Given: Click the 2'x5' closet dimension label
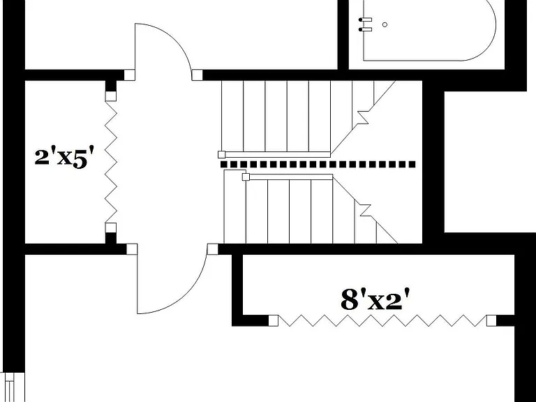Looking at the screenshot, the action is point(64,158).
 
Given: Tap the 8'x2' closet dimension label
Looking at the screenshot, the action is point(375,299).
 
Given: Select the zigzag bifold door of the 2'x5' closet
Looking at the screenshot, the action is point(111,162).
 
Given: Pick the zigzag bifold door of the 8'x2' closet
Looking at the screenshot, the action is point(382,320).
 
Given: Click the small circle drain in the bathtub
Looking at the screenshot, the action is point(385,24).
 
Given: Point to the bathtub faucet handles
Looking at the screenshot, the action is point(365,24).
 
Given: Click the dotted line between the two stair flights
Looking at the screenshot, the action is point(318,165).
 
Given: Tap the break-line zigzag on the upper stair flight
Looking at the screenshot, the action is point(362,117).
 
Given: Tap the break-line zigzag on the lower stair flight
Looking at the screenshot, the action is point(365,210).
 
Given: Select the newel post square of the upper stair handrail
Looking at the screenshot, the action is point(221,154).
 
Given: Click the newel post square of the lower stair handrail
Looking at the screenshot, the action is point(246,177).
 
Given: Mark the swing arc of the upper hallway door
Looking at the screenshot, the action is point(163,48).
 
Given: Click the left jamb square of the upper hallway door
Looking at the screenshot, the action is point(129,75).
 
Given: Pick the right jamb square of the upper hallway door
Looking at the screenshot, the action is point(197,75).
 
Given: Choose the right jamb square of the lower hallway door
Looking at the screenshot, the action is point(213,249).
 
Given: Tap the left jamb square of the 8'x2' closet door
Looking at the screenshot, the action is point(273,320).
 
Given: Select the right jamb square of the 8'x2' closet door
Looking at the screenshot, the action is point(491,320).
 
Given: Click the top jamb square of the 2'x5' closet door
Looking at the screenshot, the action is point(110,96).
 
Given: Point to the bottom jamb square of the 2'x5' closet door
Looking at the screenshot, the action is point(110,228).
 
